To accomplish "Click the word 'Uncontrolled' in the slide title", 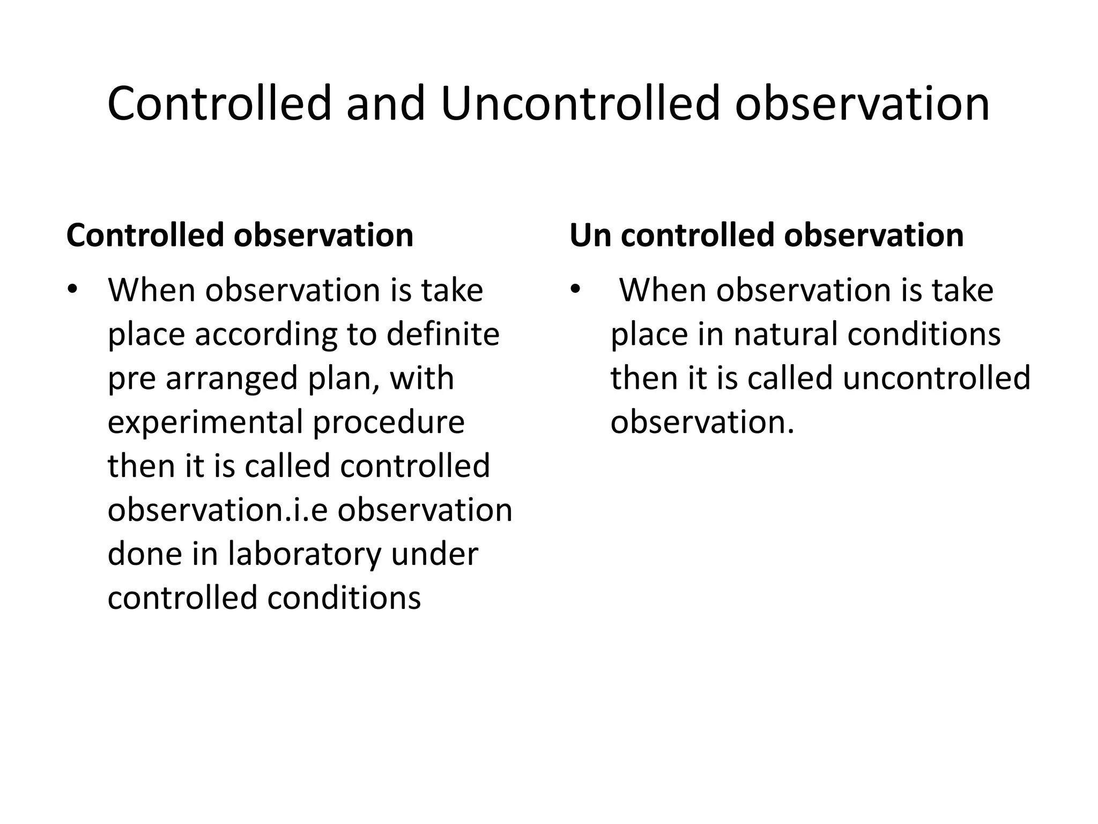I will pyautogui.click(x=580, y=104).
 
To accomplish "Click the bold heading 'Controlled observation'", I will pyautogui.click(x=240, y=235).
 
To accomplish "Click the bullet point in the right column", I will pyautogui.click(x=575, y=290).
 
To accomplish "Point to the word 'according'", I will pyautogui.click(x=265, y=335).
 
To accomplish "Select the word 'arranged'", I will pyautogui.click(x=232, y=379).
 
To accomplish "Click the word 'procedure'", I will pyautogui.click(x=389, y=423).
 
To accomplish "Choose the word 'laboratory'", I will pyautogui.click(x=304, y=554).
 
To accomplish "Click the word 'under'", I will pyautogui.click(x=434, y=554).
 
